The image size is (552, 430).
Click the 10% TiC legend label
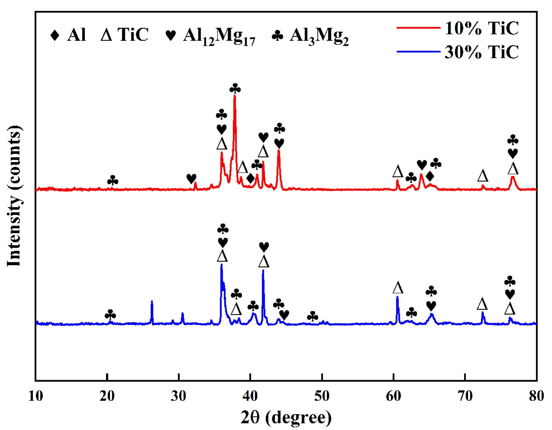(x=481, y=28)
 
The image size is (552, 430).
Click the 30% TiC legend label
(x=481, y=52)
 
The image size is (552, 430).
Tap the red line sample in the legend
(x=418, y=28)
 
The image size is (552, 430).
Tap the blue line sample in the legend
(x=418, y=52)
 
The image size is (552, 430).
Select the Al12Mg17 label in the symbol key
(x=219, y=36)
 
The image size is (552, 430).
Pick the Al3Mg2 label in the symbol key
(x=319, y=36)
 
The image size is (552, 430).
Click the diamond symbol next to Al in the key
(x=55, y=35)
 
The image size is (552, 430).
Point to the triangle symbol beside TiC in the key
(x=106, y=35)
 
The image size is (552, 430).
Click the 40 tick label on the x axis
(x=250, y=396)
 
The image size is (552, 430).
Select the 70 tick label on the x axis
(x=465, y=396)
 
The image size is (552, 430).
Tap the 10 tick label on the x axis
(x=35, y=396)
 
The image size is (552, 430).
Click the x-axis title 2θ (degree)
(x=286, y=417)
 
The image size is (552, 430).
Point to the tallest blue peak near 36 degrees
(x=221, y=265)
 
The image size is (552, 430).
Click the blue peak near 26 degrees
(x=152, y=302)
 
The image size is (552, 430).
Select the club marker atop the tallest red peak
(x=235, y=89)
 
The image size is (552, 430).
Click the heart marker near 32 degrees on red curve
(x=191, y=178)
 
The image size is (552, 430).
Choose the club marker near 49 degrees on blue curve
(x=313, y=316)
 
